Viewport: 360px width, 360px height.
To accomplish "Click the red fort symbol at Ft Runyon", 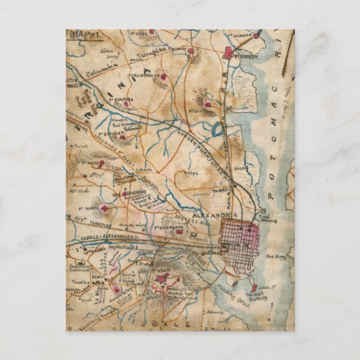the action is coord(229,53).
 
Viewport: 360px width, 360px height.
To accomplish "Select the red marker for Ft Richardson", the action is coord(164,76).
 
